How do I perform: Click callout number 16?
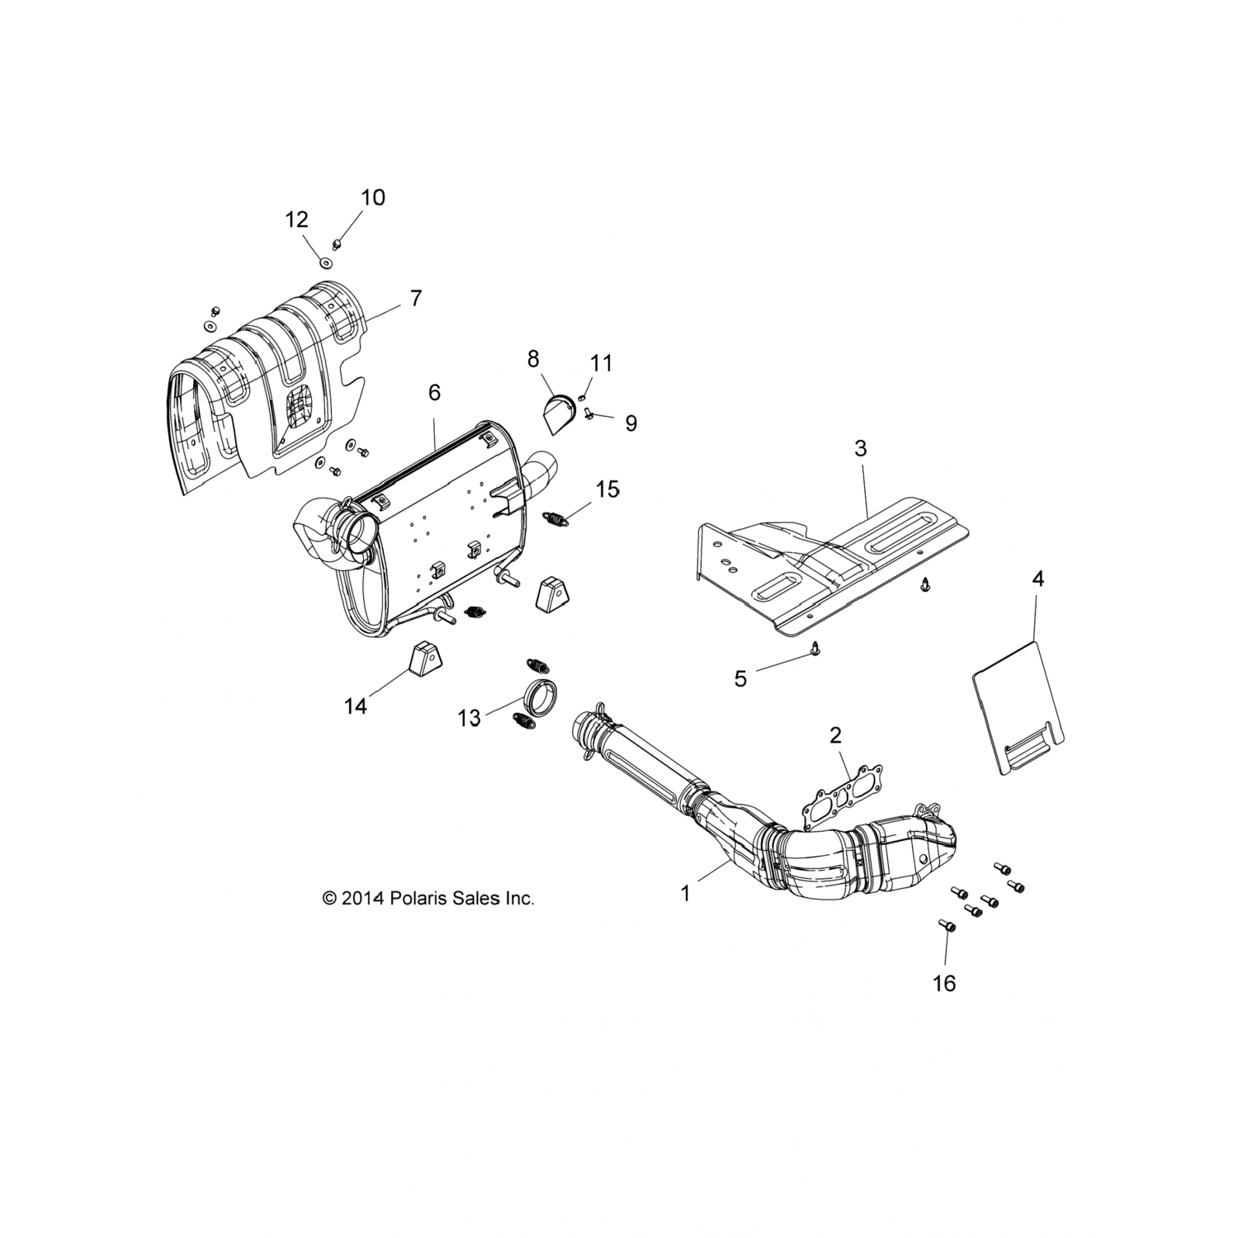[x=944, y=983]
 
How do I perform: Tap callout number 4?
[x=1037, y=579]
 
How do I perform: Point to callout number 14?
[x=356, y=706]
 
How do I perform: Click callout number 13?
[x=469, y=718]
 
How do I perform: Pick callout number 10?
[x=372, y=197]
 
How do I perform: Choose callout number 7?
[x=416, y=298]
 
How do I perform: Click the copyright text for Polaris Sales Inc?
[x=428, y=898]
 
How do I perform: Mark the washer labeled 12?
[x=327, y=262]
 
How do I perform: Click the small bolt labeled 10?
[x=337, y=243]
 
